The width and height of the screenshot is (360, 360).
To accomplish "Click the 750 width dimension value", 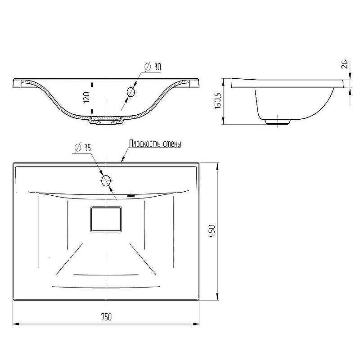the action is coord(106,317).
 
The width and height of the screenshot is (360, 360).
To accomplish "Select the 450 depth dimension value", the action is coord(212,231).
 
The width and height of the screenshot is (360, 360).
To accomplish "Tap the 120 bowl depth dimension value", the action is coord(86,97).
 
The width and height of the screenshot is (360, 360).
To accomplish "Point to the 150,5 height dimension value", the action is coord(218,100).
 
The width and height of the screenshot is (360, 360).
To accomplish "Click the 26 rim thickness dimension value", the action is coord(345,64).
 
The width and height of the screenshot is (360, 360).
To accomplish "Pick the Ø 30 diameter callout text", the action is coord(153,67).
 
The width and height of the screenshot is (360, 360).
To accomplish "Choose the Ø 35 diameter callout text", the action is coord(83,148).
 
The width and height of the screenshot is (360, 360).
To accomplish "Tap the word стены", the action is coord(172,144).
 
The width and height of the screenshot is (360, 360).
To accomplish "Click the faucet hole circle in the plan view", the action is coord(106,181).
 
